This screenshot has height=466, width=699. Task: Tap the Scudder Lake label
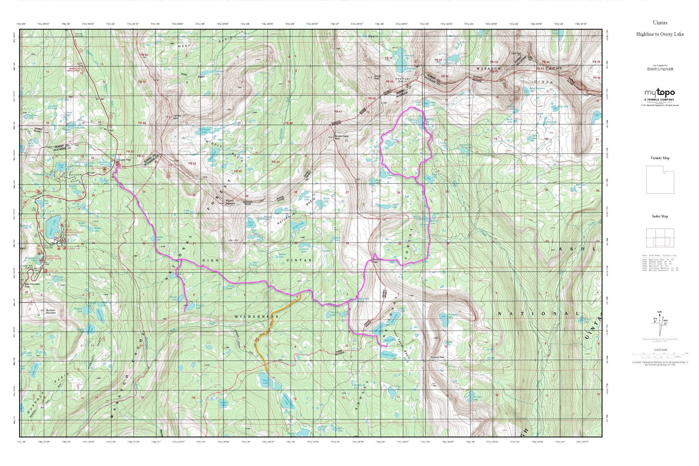[159, 238]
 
